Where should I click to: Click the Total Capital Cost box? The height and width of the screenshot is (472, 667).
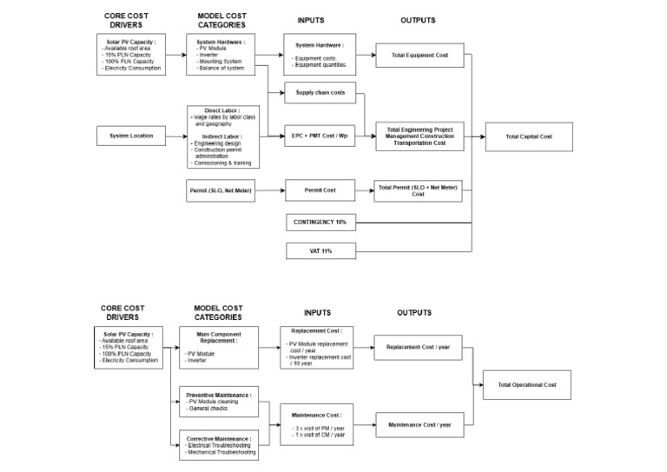coord(528,136)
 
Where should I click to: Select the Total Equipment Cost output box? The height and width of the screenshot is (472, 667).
coord(419,55)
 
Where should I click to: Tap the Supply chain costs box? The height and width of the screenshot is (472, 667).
coord(320,92)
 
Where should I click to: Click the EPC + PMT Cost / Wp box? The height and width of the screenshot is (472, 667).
coord(320,136)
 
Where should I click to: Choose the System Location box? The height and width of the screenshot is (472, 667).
coord(130,136)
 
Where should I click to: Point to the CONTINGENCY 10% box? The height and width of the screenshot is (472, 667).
coord(320,223)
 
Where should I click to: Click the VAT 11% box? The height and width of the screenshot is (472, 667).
coord(320,251)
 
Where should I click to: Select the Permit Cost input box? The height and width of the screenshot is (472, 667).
coord(320,189)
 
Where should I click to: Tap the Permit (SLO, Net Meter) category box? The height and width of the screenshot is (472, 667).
coord(221,189)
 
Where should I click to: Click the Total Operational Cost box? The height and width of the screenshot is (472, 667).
coord(528,383)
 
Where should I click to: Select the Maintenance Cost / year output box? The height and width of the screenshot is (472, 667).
coord(419,424)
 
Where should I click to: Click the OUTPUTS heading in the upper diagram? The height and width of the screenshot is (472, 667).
coord(418,20)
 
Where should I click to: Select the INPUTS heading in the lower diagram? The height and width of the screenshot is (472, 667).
coord(317,312)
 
